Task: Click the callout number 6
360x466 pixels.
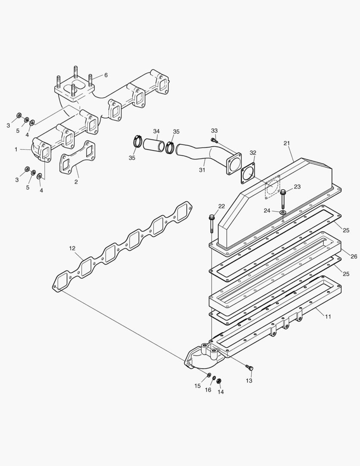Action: point(106,75)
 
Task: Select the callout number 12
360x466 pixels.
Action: point(72,248)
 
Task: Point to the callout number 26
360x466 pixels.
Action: point(354,256)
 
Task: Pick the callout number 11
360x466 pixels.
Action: point(328,316)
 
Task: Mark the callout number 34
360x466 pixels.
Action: point(156,131)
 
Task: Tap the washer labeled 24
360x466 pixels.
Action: point(282,212)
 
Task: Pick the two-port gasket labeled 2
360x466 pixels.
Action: point(78,157)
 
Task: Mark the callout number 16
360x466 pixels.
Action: point(208,390)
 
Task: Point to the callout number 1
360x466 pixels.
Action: point(16,149)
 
